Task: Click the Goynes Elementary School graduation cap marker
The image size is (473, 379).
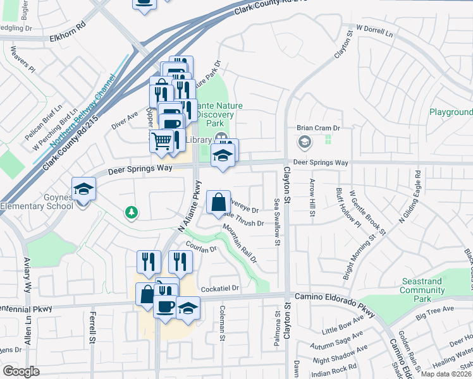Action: tap(83, 188)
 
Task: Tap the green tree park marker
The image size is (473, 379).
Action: tap(132, 212)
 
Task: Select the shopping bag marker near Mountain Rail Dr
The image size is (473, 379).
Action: tap(218, 202)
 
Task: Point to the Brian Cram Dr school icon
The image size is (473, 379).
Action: tap(305, 141)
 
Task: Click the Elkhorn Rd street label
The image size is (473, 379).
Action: tap(67, 39)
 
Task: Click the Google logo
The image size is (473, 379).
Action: tap(21, 371)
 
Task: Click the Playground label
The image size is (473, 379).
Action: tap(451, 112)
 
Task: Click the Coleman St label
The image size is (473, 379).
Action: tap(223, 322)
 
